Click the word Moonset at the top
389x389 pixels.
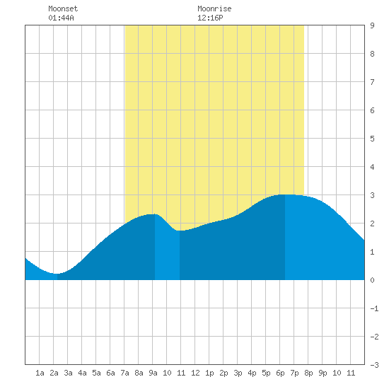click(x=63, y=8)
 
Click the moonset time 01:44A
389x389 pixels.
click(x=61, y=18)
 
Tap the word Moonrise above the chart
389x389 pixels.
click(x=214, y=8)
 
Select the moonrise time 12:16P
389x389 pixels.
click(x=210, y=18)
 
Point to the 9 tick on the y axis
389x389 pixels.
click(x=372, y=25)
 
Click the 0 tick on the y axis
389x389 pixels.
click(x=372, y=280)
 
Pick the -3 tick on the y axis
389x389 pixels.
click(x=374, y=365)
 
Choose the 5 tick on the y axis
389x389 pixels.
click(x=372, y=139)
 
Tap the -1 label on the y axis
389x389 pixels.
click(x=374, y=308)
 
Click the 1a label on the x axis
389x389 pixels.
click(x=40, y=373)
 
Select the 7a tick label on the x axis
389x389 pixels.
click(x=124, y=373)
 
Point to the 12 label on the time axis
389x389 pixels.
click(x=195, y=373)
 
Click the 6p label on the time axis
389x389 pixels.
click(x=280, y=373)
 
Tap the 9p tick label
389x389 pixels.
click(x=323, y=373)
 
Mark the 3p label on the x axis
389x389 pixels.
click(x=238, y=373)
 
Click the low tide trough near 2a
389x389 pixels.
click(x=57, y=274)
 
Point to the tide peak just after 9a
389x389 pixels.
click(x=154, y=214)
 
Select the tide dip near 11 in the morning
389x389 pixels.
click(x=180, y=231)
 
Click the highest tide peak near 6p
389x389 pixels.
click(x=285, y=194)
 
